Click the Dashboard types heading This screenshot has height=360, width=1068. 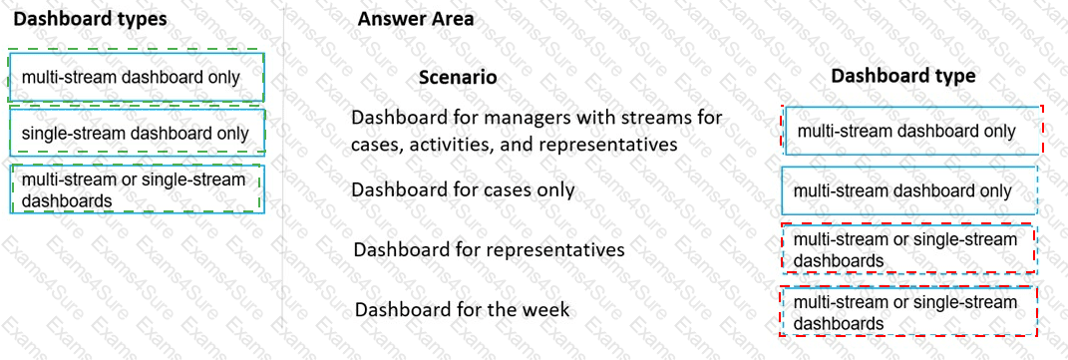point(91,18)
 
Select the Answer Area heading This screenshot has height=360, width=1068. point(416,18)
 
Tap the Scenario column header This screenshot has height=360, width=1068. point(457,77)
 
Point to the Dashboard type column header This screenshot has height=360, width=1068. point(902,75)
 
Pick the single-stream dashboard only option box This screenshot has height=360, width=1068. point(136,133)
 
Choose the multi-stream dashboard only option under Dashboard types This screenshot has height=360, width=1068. point(136,77)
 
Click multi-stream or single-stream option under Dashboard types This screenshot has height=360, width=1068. point(136,189)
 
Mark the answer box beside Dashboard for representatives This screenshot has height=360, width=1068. point(907,249)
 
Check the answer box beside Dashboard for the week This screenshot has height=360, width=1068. point(907,312)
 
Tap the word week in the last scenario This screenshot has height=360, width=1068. point(545,309)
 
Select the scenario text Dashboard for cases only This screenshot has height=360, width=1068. point(463,188)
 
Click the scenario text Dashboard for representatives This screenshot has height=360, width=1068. point(489,248)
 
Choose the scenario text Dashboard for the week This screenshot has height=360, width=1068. point(462,309)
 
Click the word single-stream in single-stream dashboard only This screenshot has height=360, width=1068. point(67,133)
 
